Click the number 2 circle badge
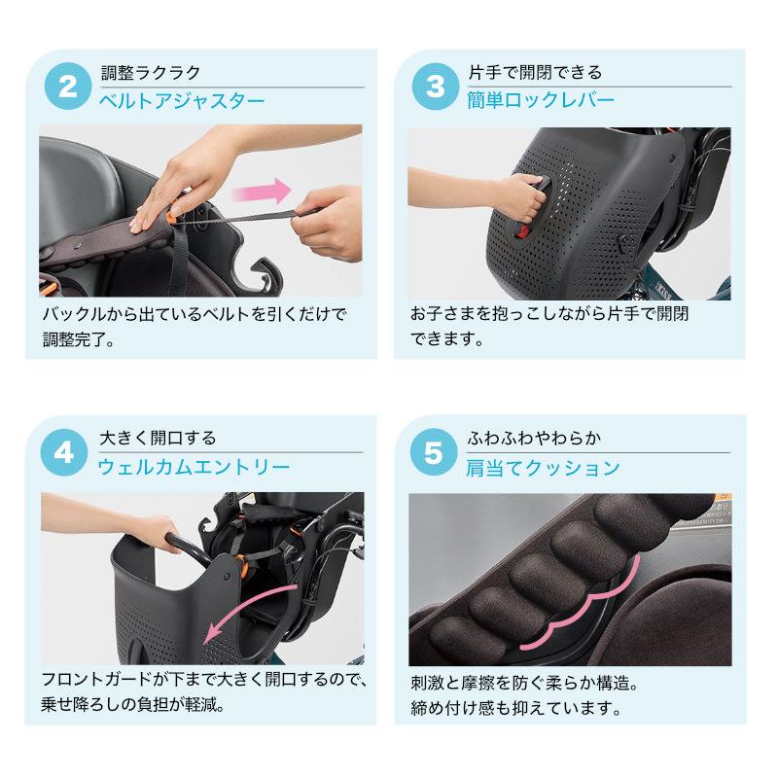coord(68,88)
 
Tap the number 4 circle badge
coord(68,453)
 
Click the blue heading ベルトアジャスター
coord(183,101)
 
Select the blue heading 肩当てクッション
coord(544,468)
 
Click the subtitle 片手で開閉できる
coord(535,73)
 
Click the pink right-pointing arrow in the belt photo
coord(268,187)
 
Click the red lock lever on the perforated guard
coord(521,230)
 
